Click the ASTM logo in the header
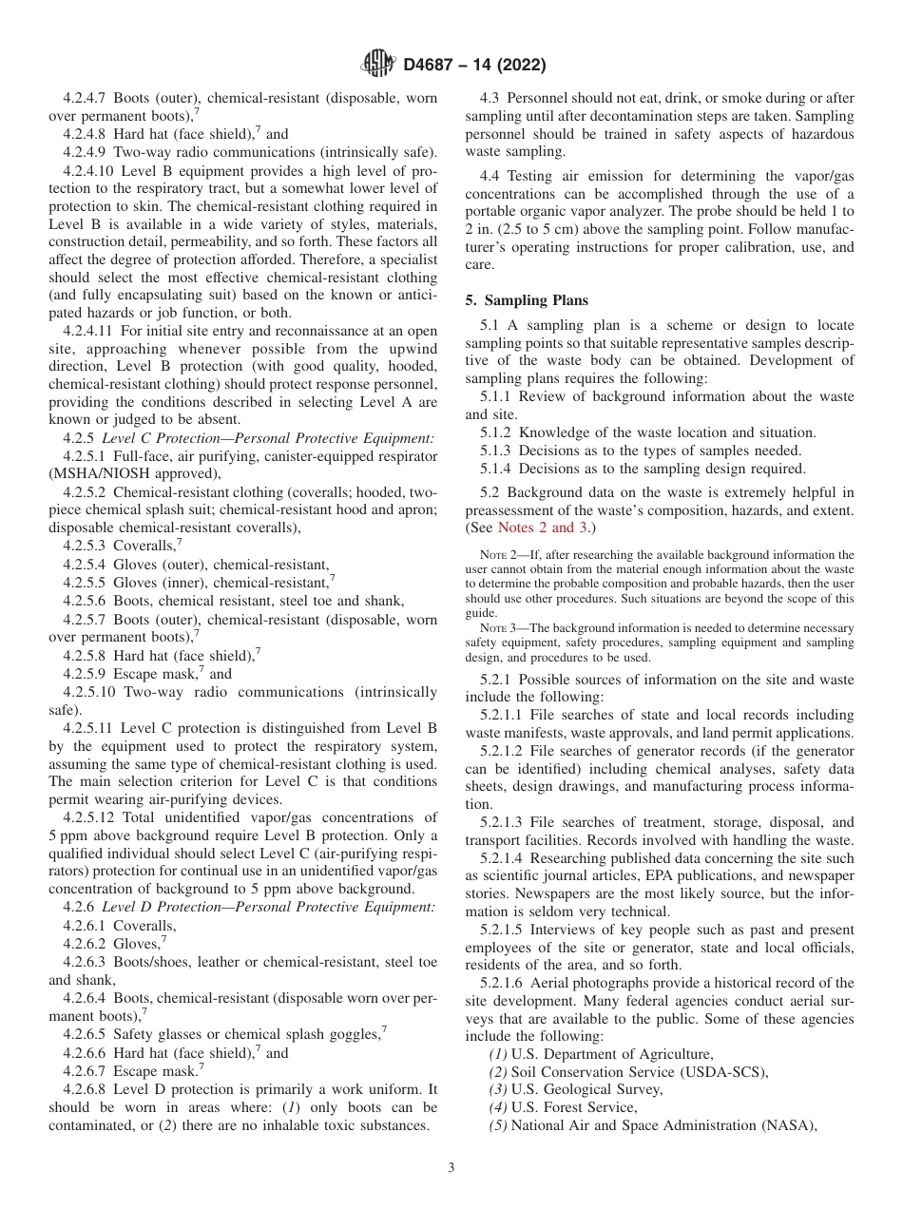click(378, 65)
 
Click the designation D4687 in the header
click(432, 65)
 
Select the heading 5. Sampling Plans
click(527, 300)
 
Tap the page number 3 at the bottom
click(451, 1167)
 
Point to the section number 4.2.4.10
click(91, 170)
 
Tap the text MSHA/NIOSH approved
click(134, 474)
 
